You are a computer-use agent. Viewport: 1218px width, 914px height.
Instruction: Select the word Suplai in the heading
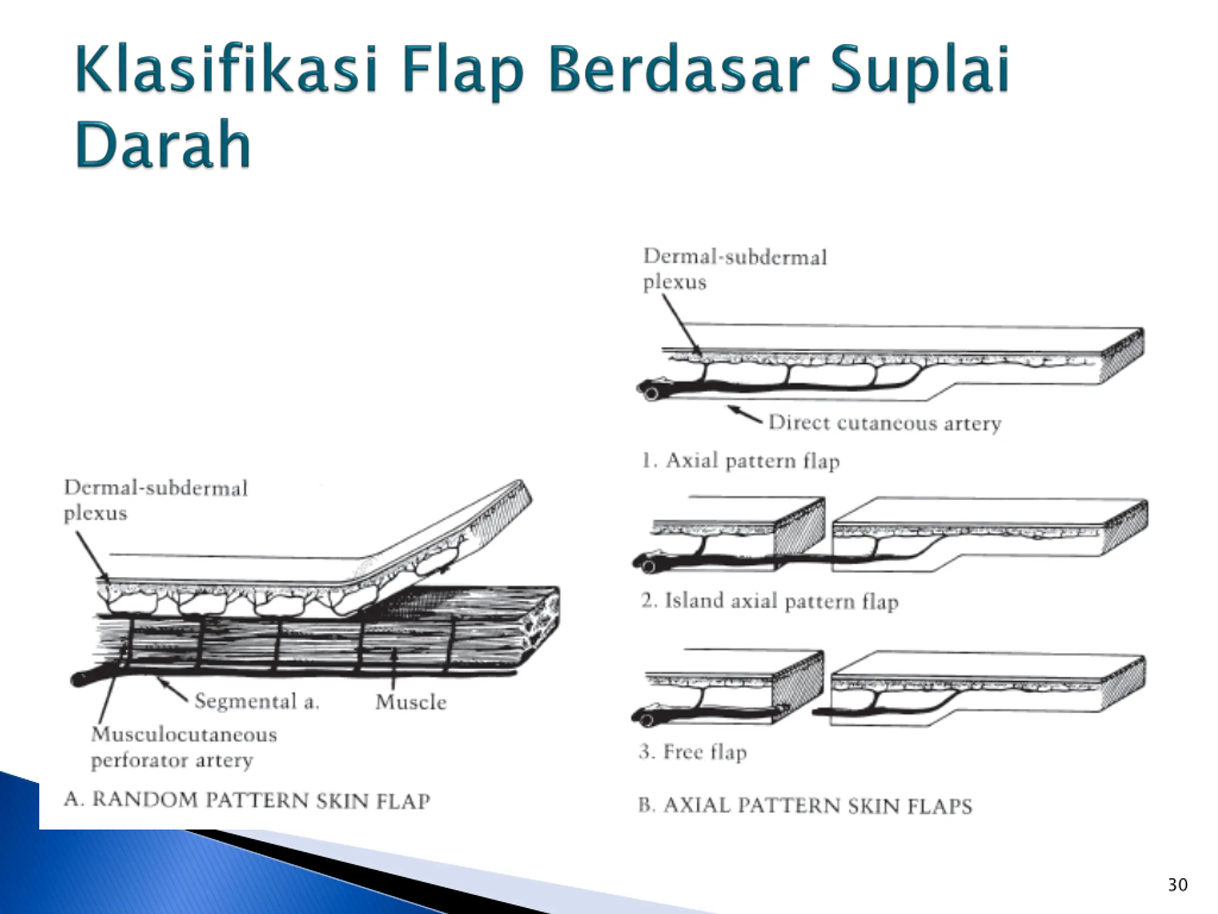[x=920, y=70]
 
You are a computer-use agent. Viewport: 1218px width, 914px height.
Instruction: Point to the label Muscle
[x=411, y=702]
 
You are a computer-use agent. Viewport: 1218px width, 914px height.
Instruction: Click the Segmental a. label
[x=256, y=701]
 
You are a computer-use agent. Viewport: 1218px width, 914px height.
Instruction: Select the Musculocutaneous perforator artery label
[x=183, y=747]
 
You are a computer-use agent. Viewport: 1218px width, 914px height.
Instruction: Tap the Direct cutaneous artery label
[x=884, y=423]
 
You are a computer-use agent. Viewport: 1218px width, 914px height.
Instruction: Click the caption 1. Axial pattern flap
[x=741, y=461]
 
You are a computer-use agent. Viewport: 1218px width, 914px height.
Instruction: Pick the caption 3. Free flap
[x=693, y=752]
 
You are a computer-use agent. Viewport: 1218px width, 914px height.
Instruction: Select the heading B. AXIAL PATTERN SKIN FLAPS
[x=805, y=805]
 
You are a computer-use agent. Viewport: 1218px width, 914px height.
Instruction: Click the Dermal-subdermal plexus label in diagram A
[x=156, y=500]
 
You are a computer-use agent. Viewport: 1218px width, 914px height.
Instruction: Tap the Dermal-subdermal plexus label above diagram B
[x=735, y=269]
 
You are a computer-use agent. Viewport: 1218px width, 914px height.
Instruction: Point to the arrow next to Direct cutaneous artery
[x=745, y=415]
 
